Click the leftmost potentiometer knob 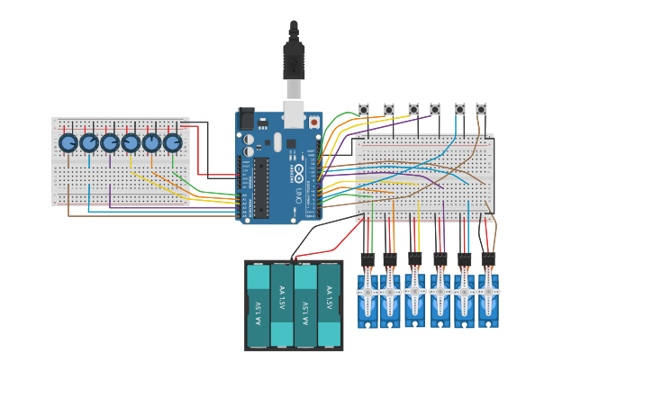click(x=68, y=142)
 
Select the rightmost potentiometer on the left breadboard click(x=172, y=142)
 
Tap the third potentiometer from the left click(x=110, y=142)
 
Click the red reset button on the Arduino click(x=313, y=122)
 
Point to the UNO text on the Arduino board click(x=298, y=194)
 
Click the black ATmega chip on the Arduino click(x=261, y=188)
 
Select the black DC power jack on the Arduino click(x=246, y=119)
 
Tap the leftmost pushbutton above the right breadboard click(x=364, y=110)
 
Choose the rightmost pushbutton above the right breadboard click(x=481, y=110)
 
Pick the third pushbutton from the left click(x=413, y=110)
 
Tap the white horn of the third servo click(x=414, y=291)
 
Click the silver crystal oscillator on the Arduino click(x=277, y=142)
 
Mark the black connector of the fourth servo click(x=440, y=259)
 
